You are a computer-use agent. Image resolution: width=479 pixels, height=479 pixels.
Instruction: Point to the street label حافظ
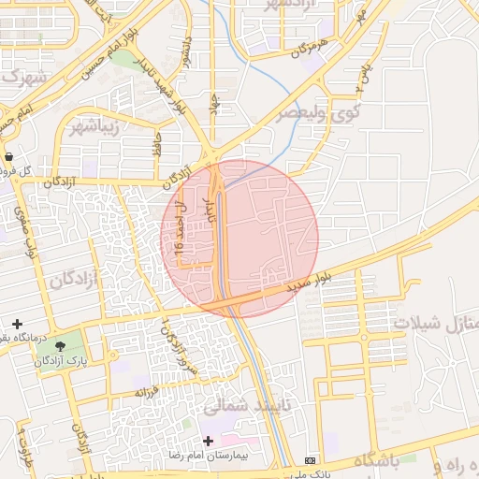coord(158,141)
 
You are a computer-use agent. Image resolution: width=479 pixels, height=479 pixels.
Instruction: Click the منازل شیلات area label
coord(435,323)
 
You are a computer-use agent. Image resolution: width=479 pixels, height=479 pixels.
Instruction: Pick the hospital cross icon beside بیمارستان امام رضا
coord(208,441)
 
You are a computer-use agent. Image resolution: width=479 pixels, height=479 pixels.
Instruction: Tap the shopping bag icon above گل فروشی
coord(9,157)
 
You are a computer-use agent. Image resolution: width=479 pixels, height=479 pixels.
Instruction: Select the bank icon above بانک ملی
coord(311,460)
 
